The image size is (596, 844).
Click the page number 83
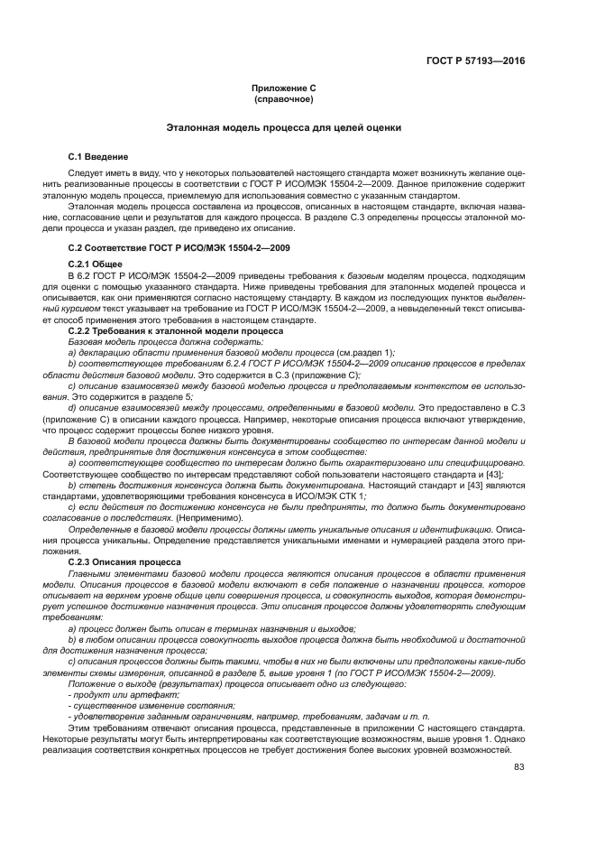point(518,767)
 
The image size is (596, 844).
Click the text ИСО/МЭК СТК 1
point(326,494)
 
